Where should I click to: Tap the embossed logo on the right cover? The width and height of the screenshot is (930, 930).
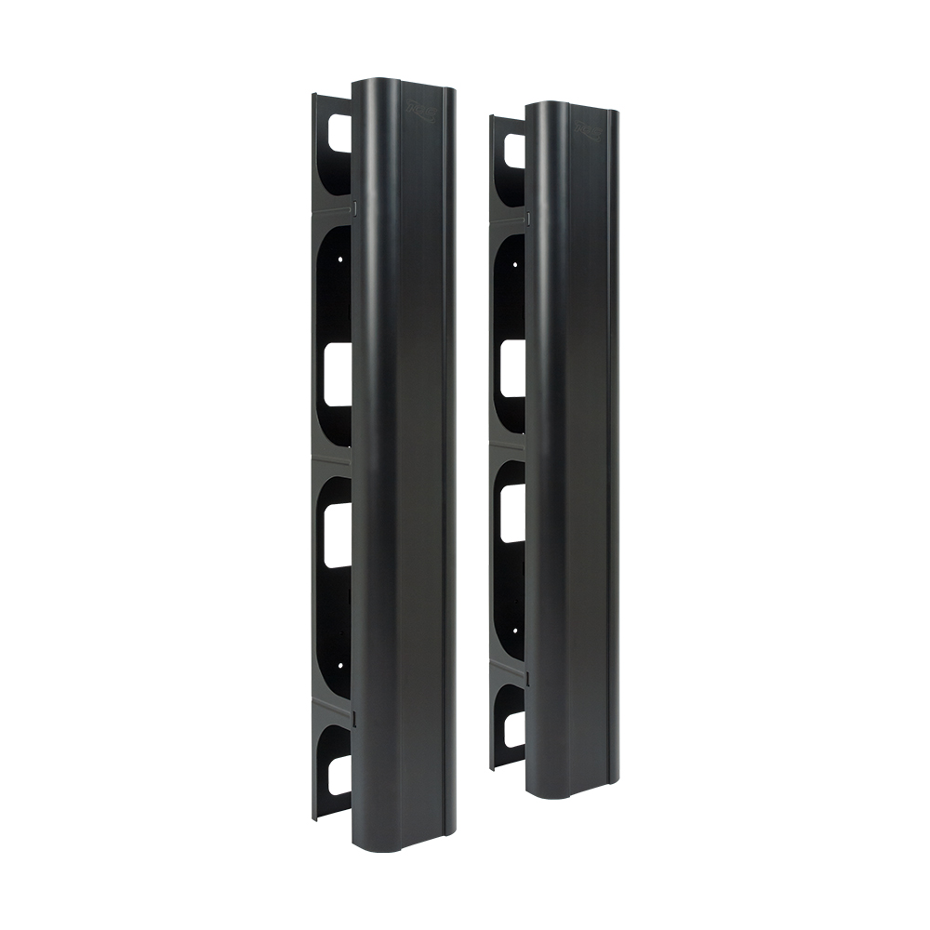[588, 131]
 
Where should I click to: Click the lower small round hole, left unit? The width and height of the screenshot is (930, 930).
[340, 664]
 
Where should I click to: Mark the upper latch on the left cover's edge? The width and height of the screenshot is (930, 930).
[354, 206]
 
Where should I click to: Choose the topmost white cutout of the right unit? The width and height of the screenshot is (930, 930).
[514, 147]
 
